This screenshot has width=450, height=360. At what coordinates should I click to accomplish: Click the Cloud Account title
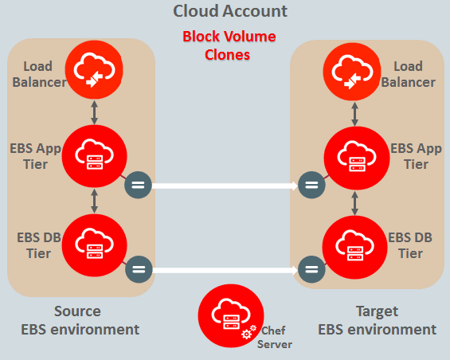pos(230,11)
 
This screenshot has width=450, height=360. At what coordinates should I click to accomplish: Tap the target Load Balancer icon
pos(351,72)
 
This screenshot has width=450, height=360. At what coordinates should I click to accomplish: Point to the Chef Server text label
pos(274,337)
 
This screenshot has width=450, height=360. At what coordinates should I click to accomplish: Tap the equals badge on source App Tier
pos(138,186)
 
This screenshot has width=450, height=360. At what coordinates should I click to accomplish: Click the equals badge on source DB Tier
pos(138,268)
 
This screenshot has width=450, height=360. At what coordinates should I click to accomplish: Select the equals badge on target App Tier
pos(311,186)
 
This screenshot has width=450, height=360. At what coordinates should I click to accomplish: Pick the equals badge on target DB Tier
pos(311,268)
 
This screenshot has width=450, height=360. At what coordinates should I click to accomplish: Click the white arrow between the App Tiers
pos(225,186)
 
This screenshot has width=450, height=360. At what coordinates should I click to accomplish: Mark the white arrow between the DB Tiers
pos(225,269)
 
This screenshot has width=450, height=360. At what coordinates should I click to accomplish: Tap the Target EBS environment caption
pos(378,320)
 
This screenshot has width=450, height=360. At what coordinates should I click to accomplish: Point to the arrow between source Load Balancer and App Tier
pos(94,112)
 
